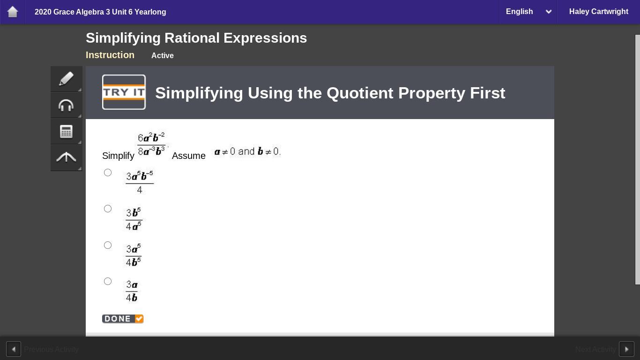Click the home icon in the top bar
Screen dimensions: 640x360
13,12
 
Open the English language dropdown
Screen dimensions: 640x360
528,12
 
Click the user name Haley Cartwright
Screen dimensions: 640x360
599,11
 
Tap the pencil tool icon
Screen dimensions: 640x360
66,79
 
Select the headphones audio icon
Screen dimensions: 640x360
66,105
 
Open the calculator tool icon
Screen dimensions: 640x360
66,132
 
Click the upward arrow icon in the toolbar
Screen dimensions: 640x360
66,157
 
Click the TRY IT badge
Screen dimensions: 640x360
124,92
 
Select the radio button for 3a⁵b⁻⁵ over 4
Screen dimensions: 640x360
108,172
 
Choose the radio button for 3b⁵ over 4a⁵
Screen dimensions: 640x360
108,209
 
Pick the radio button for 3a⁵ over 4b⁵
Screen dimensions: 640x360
108,245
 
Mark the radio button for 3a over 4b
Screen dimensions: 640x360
108,281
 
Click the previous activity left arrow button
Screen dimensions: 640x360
14,349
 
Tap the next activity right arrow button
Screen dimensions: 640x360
626,349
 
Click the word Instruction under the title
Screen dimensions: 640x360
110,55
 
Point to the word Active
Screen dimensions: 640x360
162,55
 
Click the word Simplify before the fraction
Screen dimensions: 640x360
118,156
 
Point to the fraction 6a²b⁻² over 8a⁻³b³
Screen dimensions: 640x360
151,144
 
